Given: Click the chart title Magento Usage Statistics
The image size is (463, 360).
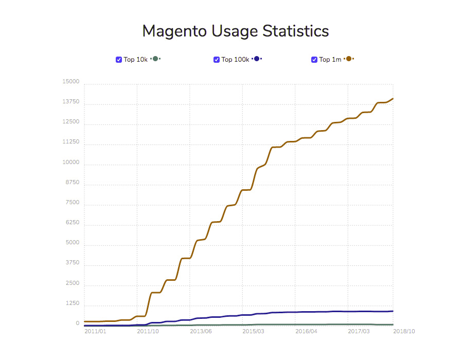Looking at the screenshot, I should click(x=236, y=31).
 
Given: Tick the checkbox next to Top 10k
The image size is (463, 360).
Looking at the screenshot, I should click(x=119, y=60).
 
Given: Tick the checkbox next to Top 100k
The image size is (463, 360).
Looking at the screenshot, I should click(x=217, y=60).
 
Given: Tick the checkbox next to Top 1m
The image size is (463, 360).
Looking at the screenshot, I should click(x=314, y=60).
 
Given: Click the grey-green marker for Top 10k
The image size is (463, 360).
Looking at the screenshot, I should click(x=155, y=59).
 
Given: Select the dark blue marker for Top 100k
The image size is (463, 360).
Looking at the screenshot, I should click(x=257, y=59).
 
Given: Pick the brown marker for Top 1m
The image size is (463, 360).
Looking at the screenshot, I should click(x=349, y=59).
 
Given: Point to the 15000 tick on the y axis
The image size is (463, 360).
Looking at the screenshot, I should click(x=71, y=82).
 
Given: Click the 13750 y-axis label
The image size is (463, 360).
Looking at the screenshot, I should click(x=71, y=102).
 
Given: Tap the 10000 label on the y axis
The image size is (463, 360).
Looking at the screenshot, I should click(x=71, y=163).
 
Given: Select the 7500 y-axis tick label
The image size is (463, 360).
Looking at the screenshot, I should click(x=73, y=203).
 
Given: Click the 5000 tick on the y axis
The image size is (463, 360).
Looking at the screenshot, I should click(x=73, y=243).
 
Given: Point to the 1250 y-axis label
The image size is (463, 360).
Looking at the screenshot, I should click(x=73, y=303).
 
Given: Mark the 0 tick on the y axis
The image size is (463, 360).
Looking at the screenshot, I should click(x=78, y=323).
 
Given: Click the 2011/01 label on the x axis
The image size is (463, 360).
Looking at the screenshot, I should click(x=95, y=331).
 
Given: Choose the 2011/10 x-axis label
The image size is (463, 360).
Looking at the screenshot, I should click(x=148, y=331).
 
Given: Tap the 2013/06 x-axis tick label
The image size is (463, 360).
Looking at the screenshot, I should click(x=201, y=331).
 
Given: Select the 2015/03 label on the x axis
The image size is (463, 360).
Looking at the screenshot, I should click(x=254, y=331).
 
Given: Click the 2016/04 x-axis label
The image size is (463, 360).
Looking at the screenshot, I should click(x=307, y=331).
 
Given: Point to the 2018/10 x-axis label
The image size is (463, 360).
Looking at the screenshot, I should click(x=404, y=331).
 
